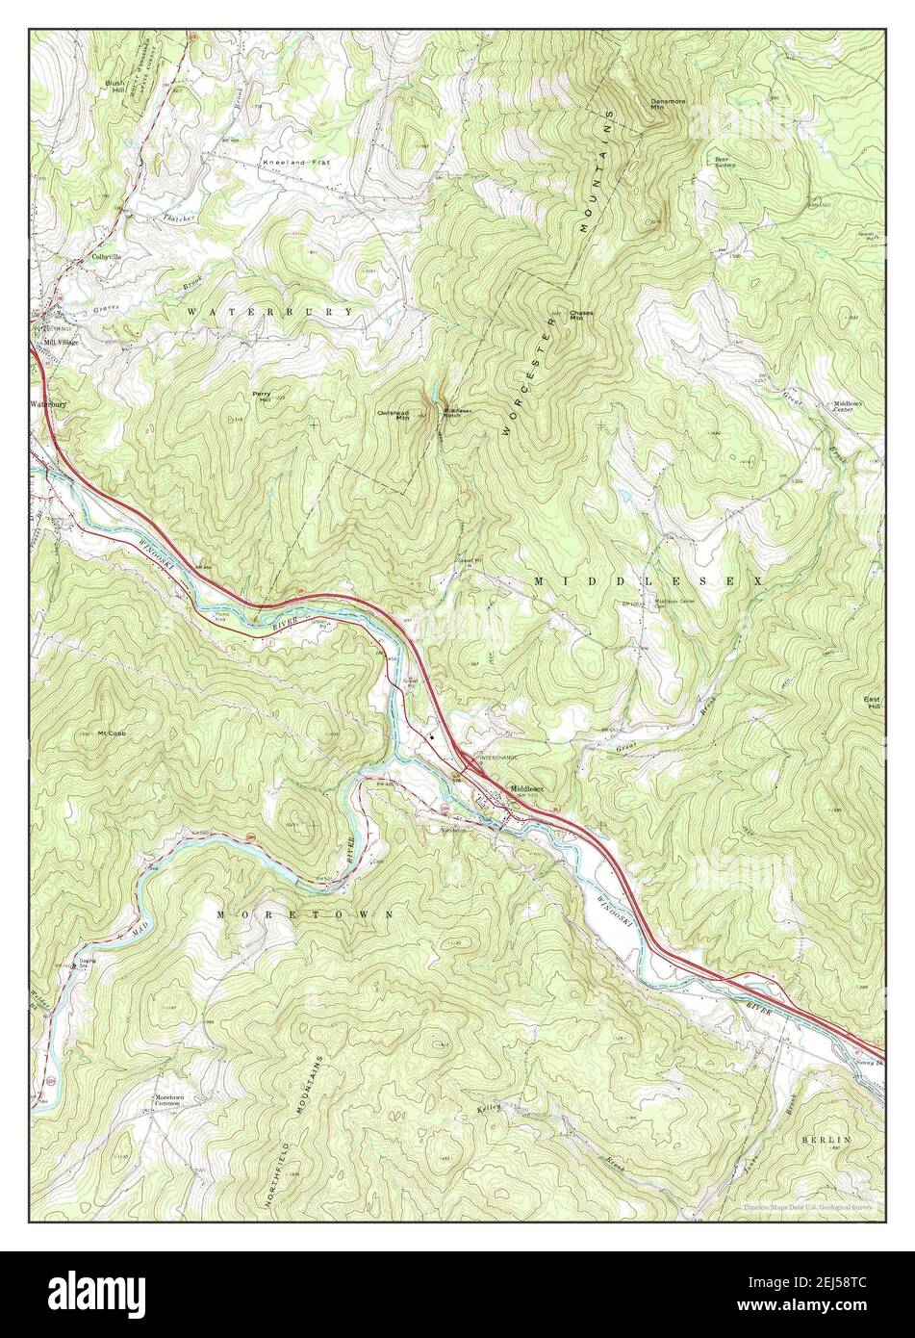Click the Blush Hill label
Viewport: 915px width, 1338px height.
click(115, 88)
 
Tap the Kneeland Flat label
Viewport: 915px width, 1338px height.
click(294, 163)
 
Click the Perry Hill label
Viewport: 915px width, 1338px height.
click(262, 398)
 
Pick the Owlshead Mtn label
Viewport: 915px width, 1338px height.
click(394, 415)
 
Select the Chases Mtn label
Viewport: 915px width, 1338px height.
click(581, 316)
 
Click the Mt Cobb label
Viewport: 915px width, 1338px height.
click(111, 733)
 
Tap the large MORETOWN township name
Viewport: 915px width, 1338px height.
click(305, 913)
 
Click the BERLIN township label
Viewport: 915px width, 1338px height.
click(826, 1139)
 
